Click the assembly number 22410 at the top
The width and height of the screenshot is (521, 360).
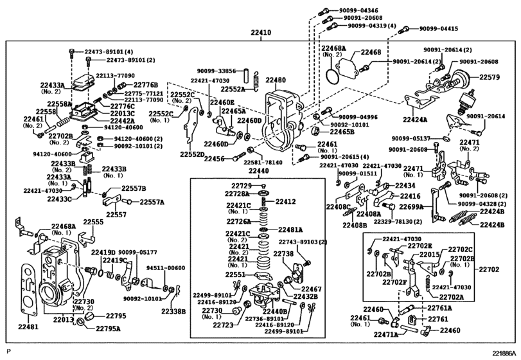261,32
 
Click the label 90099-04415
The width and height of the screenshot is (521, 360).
439,29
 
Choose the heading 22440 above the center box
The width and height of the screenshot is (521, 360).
260,172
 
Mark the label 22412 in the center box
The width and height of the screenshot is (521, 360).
286,202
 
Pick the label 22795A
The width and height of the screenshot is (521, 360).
109,328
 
